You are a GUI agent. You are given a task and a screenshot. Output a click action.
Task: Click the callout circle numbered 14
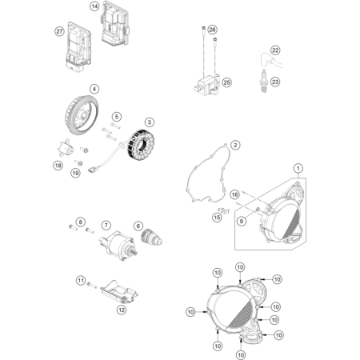tap(94, 6)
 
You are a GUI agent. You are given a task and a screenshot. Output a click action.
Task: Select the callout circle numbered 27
tap(59, 31)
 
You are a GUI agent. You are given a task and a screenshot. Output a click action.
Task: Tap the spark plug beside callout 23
tap(264, 81)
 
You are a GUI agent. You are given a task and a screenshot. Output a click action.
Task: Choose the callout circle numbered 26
tap(212, 30)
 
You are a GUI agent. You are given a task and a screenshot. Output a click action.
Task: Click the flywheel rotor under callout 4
tap(82, 115)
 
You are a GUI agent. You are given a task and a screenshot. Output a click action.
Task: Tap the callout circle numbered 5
tap(117, 117)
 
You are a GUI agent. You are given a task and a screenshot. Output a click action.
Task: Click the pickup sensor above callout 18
tap(65, 148)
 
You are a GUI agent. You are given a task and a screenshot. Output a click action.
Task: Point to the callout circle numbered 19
tap(75, 173)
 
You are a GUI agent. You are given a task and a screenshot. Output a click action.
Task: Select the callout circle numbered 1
tap(298, 168)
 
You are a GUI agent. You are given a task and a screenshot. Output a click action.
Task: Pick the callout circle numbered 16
tap(234, 194)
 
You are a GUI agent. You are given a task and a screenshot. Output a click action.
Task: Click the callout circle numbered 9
tap(242, 221)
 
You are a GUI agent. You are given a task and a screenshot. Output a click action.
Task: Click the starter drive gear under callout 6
tap(151, 238)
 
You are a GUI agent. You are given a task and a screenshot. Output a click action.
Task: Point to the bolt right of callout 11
tap(92, 285)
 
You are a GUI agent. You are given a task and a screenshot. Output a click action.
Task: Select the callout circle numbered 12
tap(122, 310)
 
